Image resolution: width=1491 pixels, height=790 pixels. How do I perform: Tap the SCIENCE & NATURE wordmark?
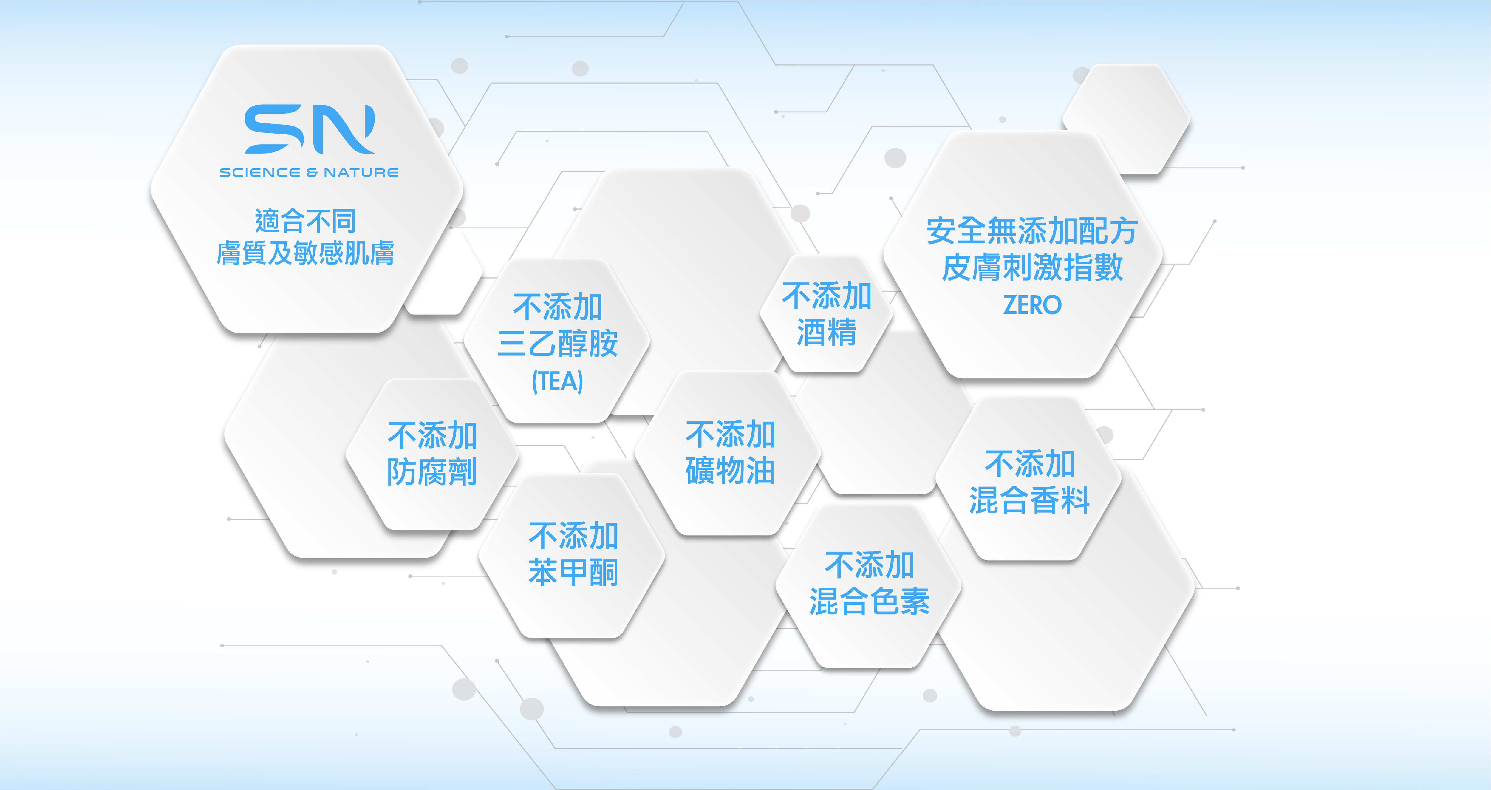[309, 172]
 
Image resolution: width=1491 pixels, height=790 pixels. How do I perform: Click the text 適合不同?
[306, 221]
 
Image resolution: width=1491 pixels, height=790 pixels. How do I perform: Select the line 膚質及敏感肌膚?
[306, 253]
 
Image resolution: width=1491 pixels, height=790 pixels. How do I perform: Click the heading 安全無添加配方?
[1032, 231]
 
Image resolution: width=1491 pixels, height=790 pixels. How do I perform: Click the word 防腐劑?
[432, 472]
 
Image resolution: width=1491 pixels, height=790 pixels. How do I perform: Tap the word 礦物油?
[731, 471]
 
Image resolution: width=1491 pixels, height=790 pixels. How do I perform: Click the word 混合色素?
[869, 601]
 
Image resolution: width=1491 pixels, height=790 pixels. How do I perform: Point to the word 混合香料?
[1030, 500]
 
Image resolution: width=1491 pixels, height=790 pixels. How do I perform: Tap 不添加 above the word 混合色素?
[869, 565]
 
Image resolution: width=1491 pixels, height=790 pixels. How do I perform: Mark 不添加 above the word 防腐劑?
[432, 435]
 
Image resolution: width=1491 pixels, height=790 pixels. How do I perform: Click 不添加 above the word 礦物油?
[731, 434]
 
